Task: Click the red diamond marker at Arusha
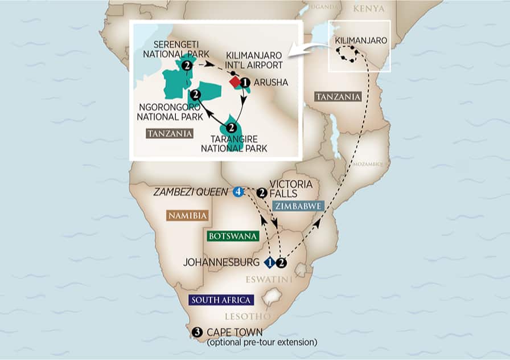(235, 83)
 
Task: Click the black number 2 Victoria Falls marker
(262, 193)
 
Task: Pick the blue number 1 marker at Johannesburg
(271, 263)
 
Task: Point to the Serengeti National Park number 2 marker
(187, 66)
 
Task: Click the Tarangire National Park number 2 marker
(231, 128)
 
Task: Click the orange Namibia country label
(187, 216)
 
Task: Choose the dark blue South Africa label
(215, 300)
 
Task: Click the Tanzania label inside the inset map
(169, 133)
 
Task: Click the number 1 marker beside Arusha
(245, 83)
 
